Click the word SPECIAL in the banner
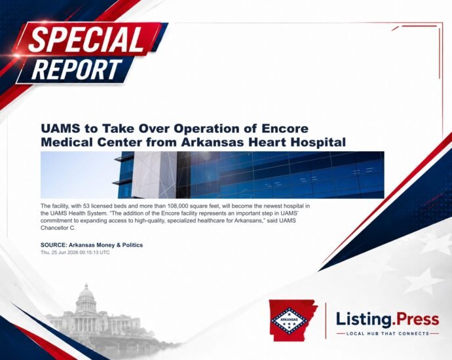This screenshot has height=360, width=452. [x=86, y=39]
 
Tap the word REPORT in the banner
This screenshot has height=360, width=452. [x=77, y=69]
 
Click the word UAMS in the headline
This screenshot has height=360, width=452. [x=60, y=128]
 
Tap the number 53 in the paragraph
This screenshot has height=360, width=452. [x=86, y=206]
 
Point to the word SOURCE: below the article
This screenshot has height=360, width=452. [x=54, y=245]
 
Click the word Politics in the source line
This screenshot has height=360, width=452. [x=132, y=245]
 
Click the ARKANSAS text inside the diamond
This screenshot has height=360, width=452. [x=288, y=319]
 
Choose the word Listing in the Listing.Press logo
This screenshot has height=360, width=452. [x=364, y=320]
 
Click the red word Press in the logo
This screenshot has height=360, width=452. [x=417, y=319]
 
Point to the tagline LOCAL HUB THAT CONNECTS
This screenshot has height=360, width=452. [x=388, y=334]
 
